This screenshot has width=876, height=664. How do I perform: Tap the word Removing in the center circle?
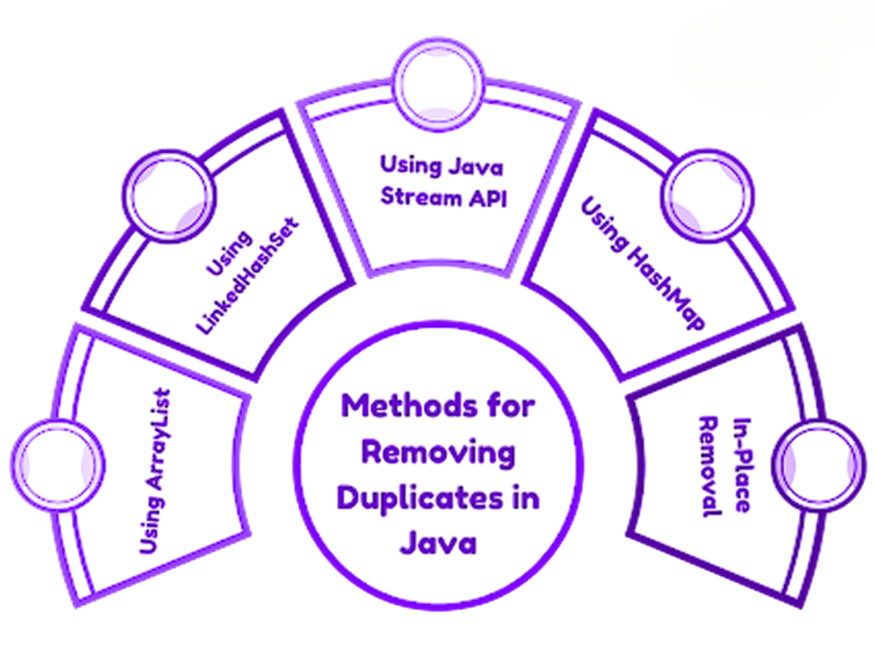click(439, 452)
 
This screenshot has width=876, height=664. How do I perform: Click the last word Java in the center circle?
click(439, 541)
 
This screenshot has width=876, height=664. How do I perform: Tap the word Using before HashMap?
click(604, 225)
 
